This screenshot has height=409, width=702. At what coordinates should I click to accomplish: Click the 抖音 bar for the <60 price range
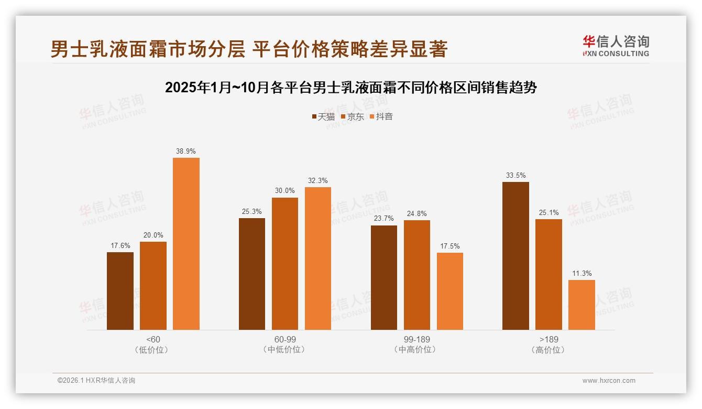point(186,244)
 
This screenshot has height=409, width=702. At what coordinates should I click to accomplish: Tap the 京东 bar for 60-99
point(284,264)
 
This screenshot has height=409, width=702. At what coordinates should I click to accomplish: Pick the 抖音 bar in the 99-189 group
point(449,291)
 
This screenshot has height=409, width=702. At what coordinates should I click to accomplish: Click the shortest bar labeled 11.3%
point(582,305)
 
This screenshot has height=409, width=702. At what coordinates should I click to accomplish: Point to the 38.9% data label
point(186,152)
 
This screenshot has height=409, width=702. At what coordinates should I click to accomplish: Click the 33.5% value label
point(515,176)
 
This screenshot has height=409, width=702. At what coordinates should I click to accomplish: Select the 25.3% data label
point(252,212)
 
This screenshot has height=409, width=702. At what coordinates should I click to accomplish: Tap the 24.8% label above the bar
point(416,214)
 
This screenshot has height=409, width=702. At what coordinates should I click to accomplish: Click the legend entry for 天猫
point(323,116)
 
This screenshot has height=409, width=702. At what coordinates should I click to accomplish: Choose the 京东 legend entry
point(352,116)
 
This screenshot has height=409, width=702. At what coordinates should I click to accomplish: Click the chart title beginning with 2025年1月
point(350,88)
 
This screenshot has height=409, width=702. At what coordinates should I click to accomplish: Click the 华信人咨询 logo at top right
point(615,46)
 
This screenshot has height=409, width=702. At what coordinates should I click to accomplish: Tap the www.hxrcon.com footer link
point(608,381)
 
